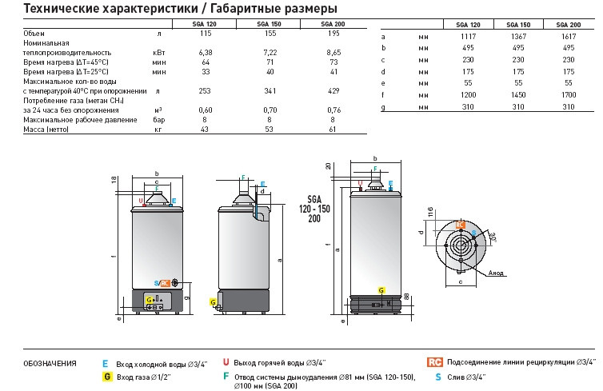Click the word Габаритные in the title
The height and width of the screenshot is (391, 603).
[x=233, y=8]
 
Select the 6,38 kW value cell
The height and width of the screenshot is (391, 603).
[x=204, y=51]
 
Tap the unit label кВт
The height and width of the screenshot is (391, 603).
[x=158, y=51]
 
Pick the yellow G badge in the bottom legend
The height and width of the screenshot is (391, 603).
[x=106, y=376]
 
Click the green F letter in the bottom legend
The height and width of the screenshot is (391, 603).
[x=226, y=376]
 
